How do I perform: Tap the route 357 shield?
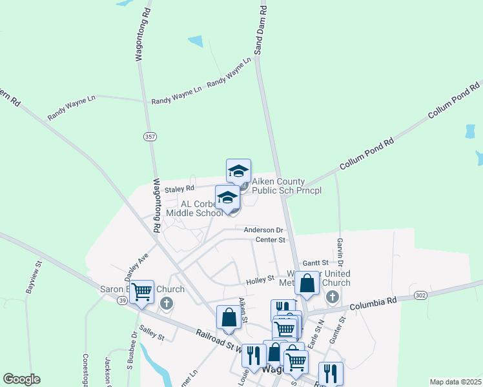pyautogui.click(x=149, y=137)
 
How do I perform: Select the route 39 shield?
pyautogui.click(x=123, y=301)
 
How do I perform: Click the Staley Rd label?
pyautogui.click(x=180, y=189)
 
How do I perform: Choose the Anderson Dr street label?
pyautogui.click(x=263, y=230)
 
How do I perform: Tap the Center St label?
pyautogui.click(x=270, y=240)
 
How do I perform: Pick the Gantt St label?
pyautogui.click(x=315, y=263)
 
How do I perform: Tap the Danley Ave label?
pyautogui.click(x=137, y=263)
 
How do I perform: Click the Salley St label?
pyautogui.click(x=152, y=333)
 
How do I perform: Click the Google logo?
pyautogui.click(x=21, y=379)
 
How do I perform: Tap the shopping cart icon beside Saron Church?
pyautogui.click(x=141, y=292)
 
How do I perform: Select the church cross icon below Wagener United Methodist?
pyautogui.click(x=332, y=296)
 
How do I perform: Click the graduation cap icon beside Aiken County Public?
pyautogui.click(x=238, y=171)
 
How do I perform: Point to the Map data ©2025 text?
pyautogui.click(x=455, y=382)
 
